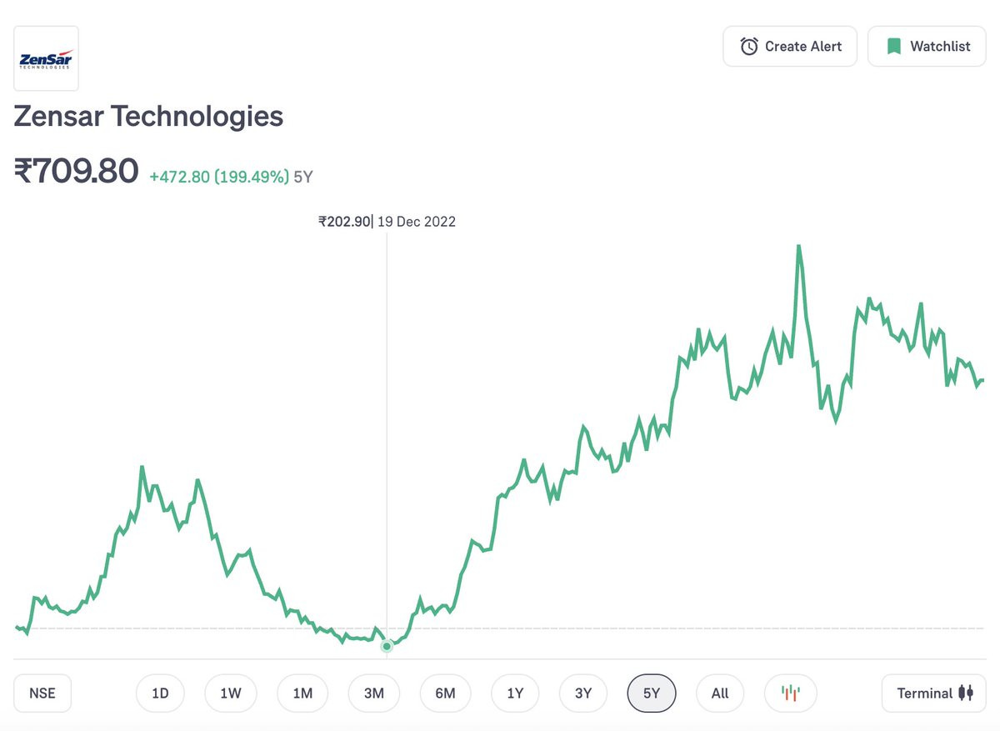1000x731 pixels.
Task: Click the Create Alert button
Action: click(x=791, y=47)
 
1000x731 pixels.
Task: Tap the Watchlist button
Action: click(x=927, y=47)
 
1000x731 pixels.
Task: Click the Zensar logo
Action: click(x=47, y=58)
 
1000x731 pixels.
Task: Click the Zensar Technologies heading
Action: click(x=148, y=116)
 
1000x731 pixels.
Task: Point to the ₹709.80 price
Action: click(x=76, y=172)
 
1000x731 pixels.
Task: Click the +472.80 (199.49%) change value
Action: click(x=219, y=177)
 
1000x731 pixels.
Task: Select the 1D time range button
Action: click(x=160, y=693)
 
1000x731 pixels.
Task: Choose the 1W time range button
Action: click(x=231, y=693)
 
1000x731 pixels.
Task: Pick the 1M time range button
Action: click(x=302, y=693)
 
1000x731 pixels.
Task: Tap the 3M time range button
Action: click(x=373, y=693)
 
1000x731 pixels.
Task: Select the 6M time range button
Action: click(x=445, y=693)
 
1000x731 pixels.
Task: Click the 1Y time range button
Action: click(x=515, y=693)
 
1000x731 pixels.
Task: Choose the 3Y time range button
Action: click(x=583, y=693)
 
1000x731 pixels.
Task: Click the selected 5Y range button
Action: click(x=652, y=693)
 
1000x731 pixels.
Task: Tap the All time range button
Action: click(x=720, y=693)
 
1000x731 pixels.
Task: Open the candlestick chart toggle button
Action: click(x=790, y=693)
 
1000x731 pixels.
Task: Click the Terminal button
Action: click(x=933, y=693)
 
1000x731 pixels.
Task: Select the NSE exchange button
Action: click(x=42, y=693)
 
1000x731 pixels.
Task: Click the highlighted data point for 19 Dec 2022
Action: click(x=387, y=646)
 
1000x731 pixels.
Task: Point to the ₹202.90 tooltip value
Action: click(x=343, y=222)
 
